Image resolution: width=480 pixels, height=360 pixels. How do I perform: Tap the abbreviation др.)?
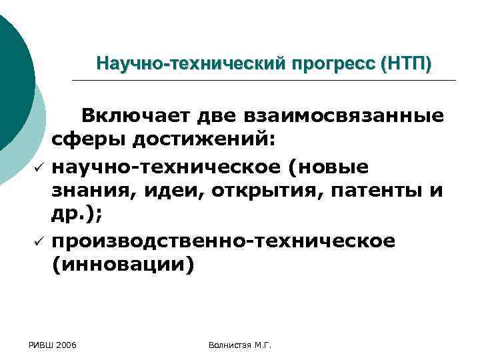point(75,215)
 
